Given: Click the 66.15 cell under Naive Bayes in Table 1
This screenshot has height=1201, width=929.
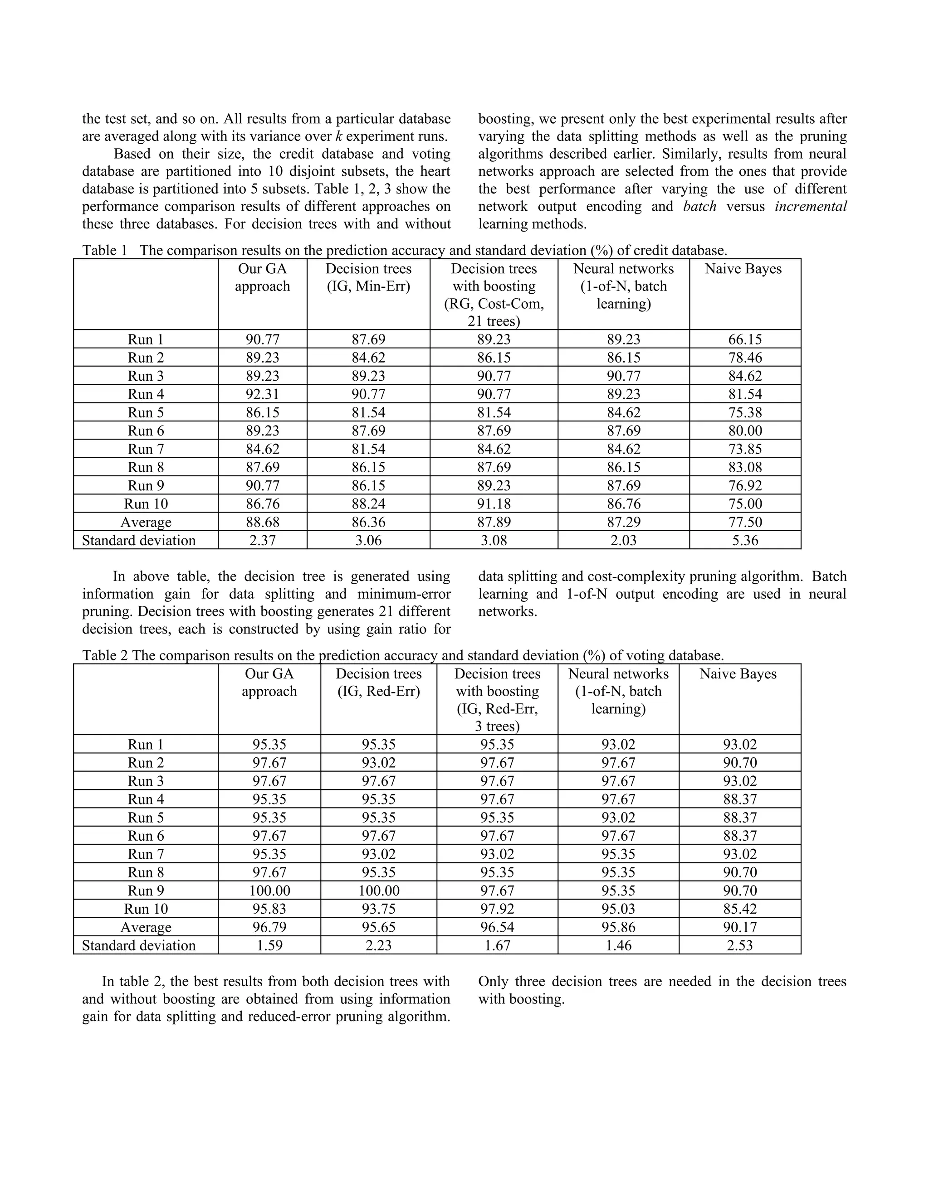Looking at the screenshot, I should click(x=745, y=339).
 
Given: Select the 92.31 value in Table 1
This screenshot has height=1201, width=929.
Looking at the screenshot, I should click(x=262, y=394).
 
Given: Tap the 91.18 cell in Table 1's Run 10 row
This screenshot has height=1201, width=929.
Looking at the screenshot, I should click(x=494, y=504).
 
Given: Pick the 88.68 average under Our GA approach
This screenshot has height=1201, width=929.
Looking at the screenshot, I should click(x=262, y=522).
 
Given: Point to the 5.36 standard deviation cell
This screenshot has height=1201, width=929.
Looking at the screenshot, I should click(x=745, y=540).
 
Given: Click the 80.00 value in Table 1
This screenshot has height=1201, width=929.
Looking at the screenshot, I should click(x=745, y=431).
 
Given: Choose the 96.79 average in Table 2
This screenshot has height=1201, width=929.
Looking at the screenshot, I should click(x=269, y=927).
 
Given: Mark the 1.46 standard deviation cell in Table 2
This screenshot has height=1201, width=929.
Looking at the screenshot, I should click(x=618, y=945).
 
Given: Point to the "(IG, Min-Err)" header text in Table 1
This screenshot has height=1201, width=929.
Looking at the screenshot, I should click(x=368, y=286).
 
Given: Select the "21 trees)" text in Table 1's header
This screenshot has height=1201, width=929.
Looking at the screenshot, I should click(x=494, y=321).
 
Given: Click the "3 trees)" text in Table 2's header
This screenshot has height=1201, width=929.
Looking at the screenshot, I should click(x=497, y=726).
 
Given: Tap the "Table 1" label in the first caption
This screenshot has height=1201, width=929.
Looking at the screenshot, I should click(x=105, y=251).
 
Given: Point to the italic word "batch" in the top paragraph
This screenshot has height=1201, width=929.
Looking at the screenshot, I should click(x=699, y=206).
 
